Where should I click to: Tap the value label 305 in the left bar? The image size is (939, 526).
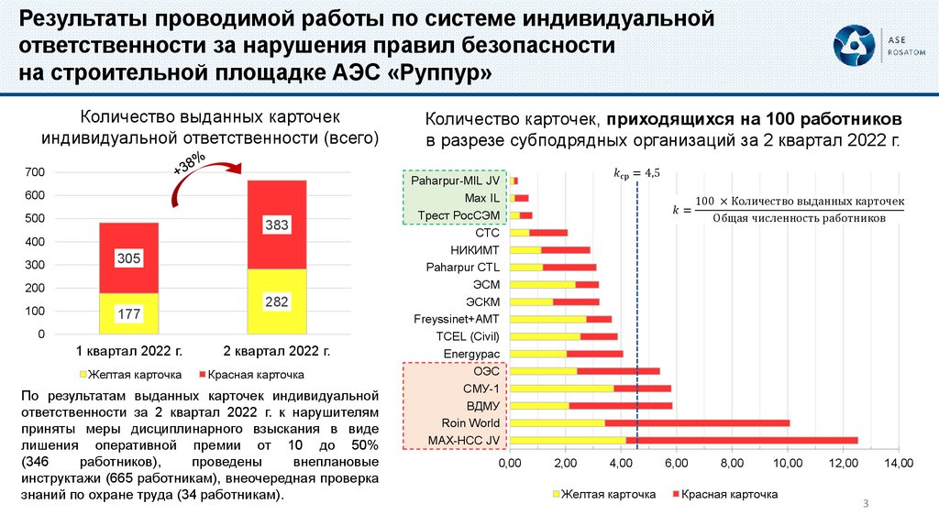(x=128, y=259)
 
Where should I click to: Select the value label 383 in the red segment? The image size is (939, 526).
(x=277, y=225)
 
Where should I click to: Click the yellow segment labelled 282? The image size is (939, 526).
(x=277, y=301)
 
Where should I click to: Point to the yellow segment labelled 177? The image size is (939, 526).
(x=128, y=313)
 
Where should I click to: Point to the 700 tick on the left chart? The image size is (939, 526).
(x=35, y=172)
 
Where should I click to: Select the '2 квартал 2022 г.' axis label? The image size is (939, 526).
(x=277, y=351)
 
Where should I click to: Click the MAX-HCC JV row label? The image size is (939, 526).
(x=464, y=441)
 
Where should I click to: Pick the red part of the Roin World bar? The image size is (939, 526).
(x=697, y=423)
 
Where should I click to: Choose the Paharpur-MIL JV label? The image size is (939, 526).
(x=455, y=181)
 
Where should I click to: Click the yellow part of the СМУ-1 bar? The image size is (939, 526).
(x=561, y=389)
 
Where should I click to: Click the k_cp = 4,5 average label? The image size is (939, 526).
(x=636, y=172)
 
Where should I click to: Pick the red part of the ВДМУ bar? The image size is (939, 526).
(x=620, y=406)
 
